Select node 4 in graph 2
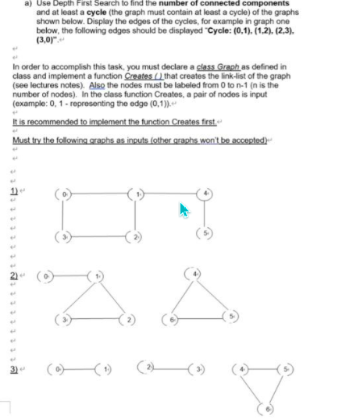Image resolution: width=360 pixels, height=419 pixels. tap(195, 274)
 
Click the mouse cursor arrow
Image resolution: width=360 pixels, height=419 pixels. tap(183, 210)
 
